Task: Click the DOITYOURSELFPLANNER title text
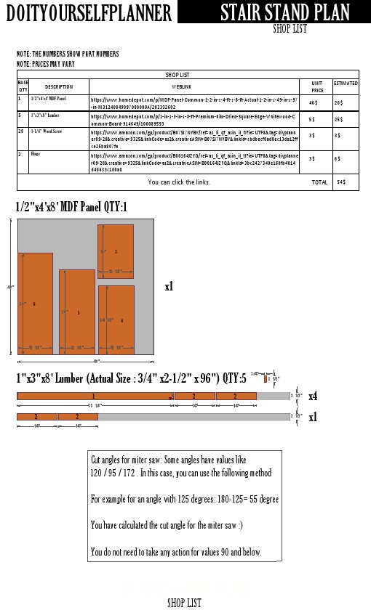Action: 89,12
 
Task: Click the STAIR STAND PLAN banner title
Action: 284,12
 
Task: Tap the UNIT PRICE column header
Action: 317,86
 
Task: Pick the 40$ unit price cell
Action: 312,102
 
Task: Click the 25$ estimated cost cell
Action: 339,119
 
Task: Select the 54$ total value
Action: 341,182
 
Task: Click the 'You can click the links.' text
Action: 179,182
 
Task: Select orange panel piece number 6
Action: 35,303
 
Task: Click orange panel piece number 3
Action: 116,251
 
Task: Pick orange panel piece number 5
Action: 77,312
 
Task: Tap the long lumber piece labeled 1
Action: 93,396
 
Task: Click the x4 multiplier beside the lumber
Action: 312,396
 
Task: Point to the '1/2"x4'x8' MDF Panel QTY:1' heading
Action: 71,208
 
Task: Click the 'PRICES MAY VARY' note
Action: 45,64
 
